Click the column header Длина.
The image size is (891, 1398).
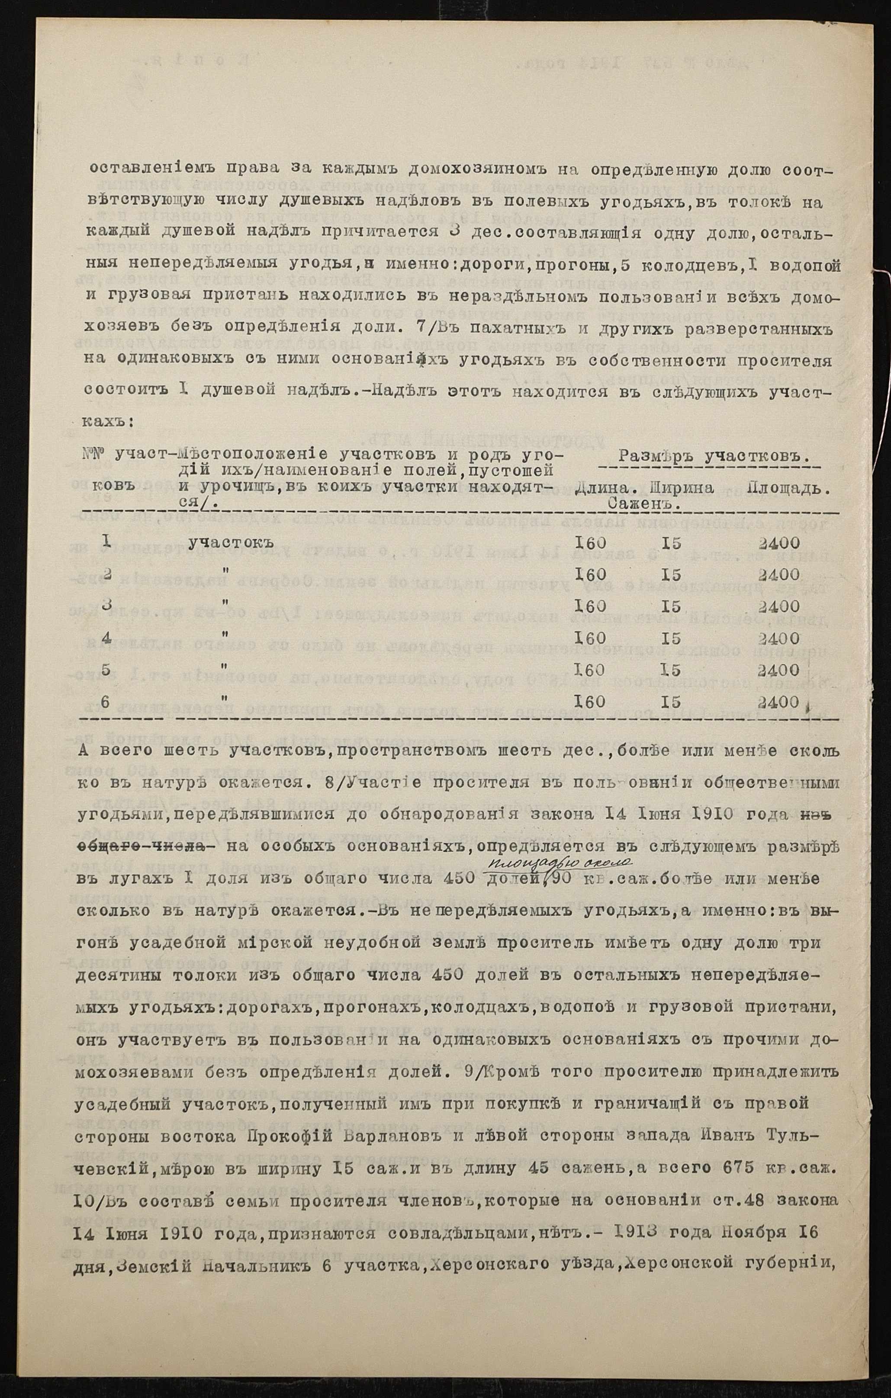point(602,488)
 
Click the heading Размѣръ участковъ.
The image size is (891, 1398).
point(714,456)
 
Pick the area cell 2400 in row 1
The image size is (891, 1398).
point(778,543)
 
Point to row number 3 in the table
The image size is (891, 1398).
point(106,606)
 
